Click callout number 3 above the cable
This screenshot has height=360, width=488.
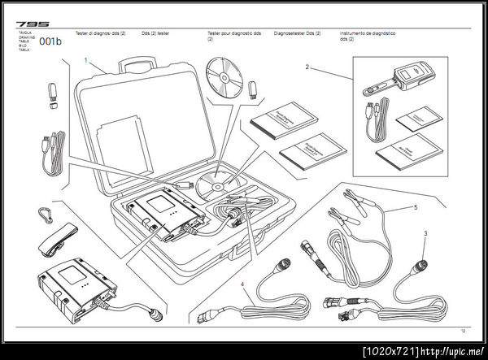pyautogui.click(x=425, y=233)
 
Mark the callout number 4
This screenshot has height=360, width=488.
pyautogui.click(x=242, y=284)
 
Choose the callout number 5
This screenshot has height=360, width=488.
pyautogui.click(x=415, y=207)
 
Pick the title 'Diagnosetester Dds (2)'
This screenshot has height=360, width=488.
pyautogui.click(x=298, y=35)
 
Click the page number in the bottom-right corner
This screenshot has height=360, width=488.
pyautogui.click(x=463, y=331)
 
